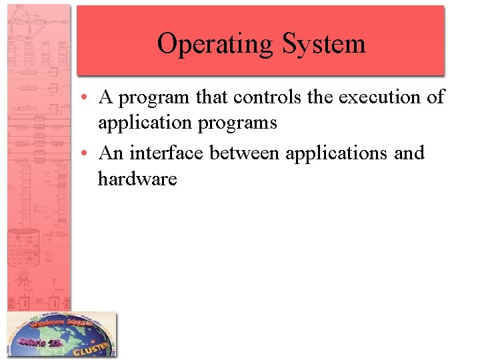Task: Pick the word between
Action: (x=245, y=153)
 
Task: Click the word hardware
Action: (x=137, y=179)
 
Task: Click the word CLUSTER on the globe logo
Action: (x=93, y=346)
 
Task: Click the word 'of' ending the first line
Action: (x=435, y=97)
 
